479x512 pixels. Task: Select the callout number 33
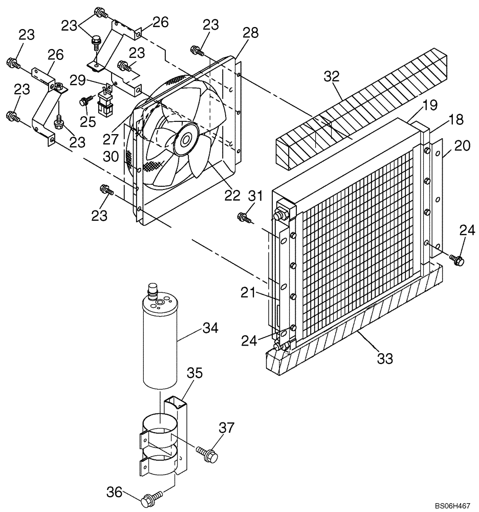click(x=384, y=358)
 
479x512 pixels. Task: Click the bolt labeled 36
click(x=150, y=498)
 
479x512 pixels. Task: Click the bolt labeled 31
click(x=243, y=218)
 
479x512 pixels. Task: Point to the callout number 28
click(x=250, y=33)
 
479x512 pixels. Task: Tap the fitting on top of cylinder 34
click(x=152, y=290)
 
